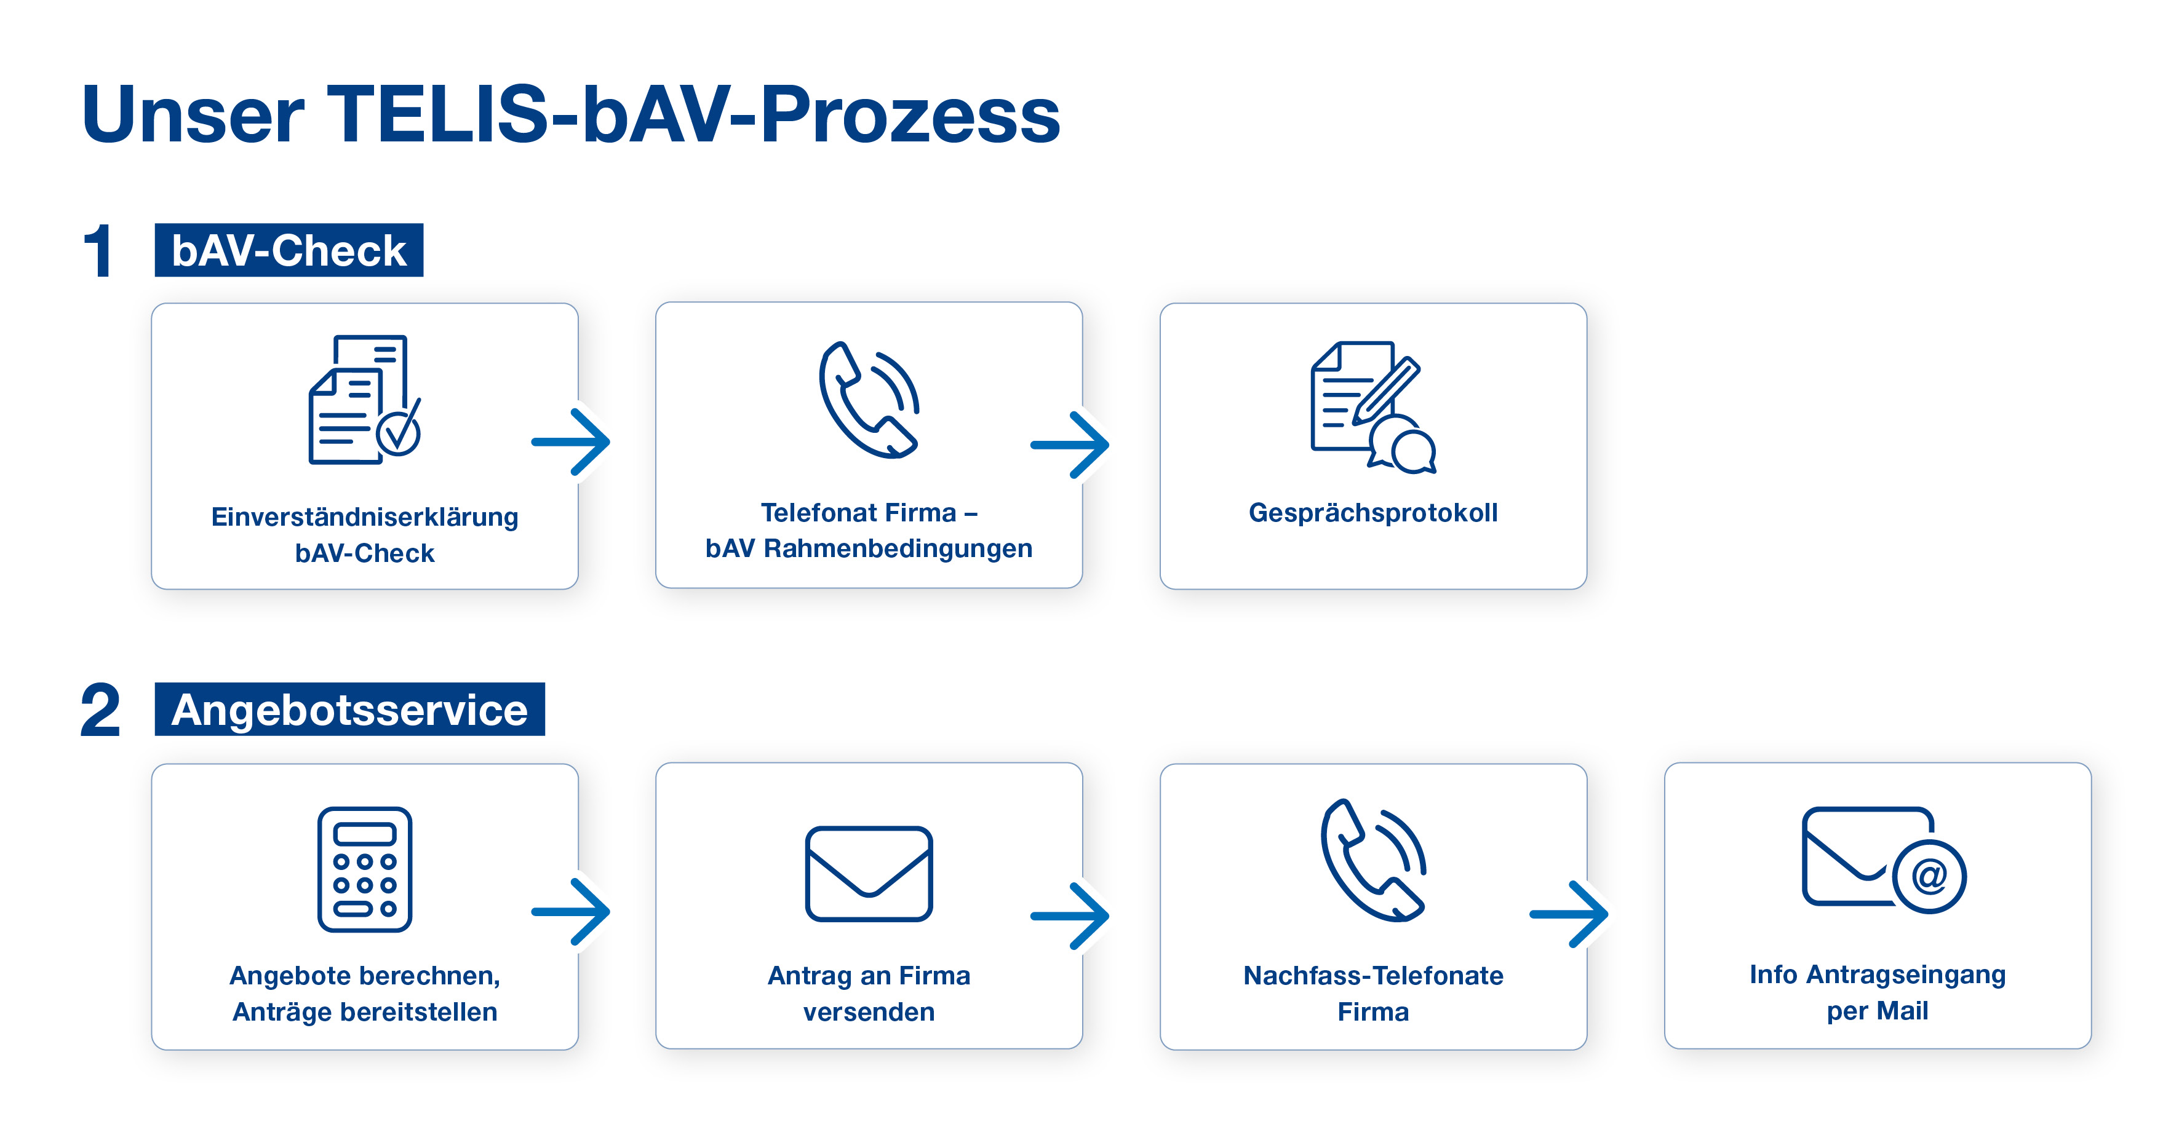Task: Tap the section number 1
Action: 99,251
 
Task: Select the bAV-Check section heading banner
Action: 289,250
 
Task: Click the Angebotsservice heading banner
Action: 349,710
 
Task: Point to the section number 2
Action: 100,710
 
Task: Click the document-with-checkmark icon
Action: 365,400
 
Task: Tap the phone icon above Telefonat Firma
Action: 869,399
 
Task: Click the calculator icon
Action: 365,869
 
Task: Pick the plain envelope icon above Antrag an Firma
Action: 869,873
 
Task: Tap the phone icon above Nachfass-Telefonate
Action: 1373,860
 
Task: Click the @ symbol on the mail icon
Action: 1929,877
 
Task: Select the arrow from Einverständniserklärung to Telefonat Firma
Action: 571,441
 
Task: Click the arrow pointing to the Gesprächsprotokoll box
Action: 1070,445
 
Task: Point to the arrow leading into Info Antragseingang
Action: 1569,914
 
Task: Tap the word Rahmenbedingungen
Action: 898,548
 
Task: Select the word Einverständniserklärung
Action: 365,516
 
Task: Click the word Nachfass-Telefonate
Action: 1373,976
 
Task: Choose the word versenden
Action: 869,1012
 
